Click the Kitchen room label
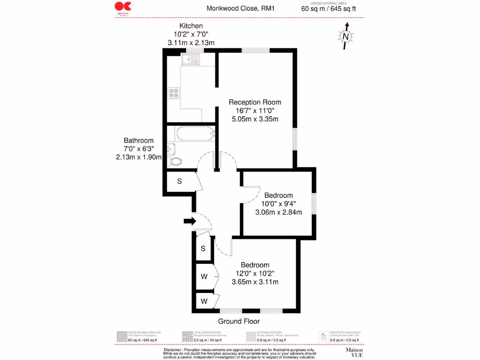191,26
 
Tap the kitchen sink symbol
191,59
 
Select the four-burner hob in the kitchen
174,93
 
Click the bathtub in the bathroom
195,134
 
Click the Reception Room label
255,102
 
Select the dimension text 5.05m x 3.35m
255,119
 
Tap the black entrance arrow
189,221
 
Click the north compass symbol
345,36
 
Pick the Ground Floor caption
239,321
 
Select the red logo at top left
123,7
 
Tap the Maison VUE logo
355,352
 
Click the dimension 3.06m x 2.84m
278,212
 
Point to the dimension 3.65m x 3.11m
255,282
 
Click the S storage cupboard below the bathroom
180,180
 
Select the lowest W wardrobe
204,300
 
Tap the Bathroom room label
138,141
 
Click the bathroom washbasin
171,149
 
